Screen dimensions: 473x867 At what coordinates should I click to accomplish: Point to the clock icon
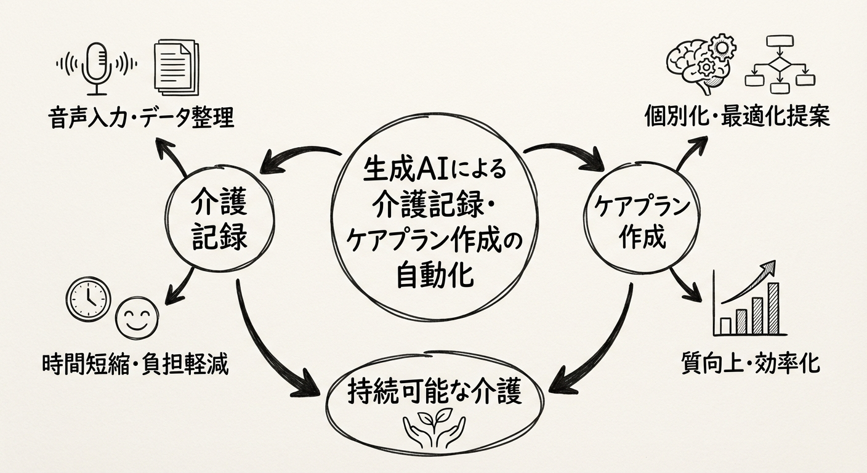87,299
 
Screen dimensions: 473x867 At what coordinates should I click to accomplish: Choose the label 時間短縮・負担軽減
136,364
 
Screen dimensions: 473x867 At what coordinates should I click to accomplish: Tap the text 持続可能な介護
434,392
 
